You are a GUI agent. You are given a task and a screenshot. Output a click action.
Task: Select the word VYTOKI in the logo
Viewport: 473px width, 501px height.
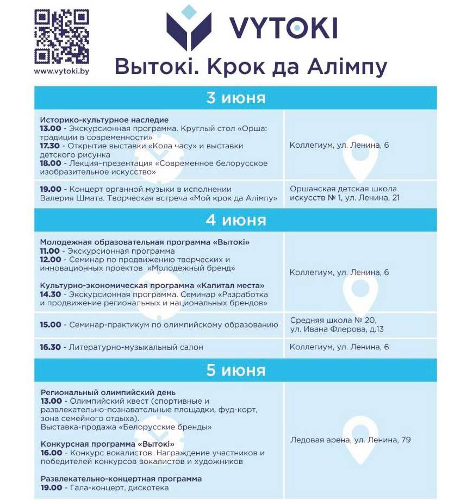[283, 28]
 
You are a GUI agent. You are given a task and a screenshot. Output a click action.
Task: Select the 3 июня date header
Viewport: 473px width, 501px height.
[235, 98]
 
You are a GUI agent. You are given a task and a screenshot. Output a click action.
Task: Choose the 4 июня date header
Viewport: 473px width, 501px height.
[235, 220]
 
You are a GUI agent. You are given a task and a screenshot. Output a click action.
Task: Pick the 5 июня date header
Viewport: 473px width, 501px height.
[235, 370]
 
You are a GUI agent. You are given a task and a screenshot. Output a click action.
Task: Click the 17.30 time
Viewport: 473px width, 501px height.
[50, 146]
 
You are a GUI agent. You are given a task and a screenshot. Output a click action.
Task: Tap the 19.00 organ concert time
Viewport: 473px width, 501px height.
[50, 189]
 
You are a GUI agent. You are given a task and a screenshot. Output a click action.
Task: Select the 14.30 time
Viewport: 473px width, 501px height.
[50, 294]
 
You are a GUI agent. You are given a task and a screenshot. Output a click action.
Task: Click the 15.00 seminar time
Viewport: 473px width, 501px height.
[50, 324]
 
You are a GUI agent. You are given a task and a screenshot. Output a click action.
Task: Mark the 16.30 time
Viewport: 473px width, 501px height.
[50, 347]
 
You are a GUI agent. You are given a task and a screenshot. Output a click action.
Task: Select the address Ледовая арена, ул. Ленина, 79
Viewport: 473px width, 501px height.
[350, 440]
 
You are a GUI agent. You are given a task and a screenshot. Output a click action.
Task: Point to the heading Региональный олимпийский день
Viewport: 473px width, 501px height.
[108, 392]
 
